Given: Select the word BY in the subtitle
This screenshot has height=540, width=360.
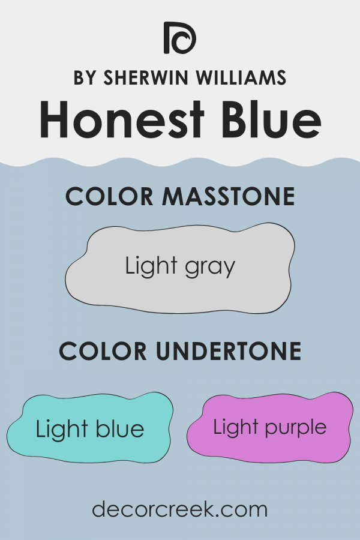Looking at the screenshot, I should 85,79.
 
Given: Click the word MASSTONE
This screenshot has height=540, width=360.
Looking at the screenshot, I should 229,197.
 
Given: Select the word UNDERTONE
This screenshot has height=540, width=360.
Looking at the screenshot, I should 227,352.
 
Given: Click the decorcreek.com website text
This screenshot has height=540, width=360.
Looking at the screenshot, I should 179,509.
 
